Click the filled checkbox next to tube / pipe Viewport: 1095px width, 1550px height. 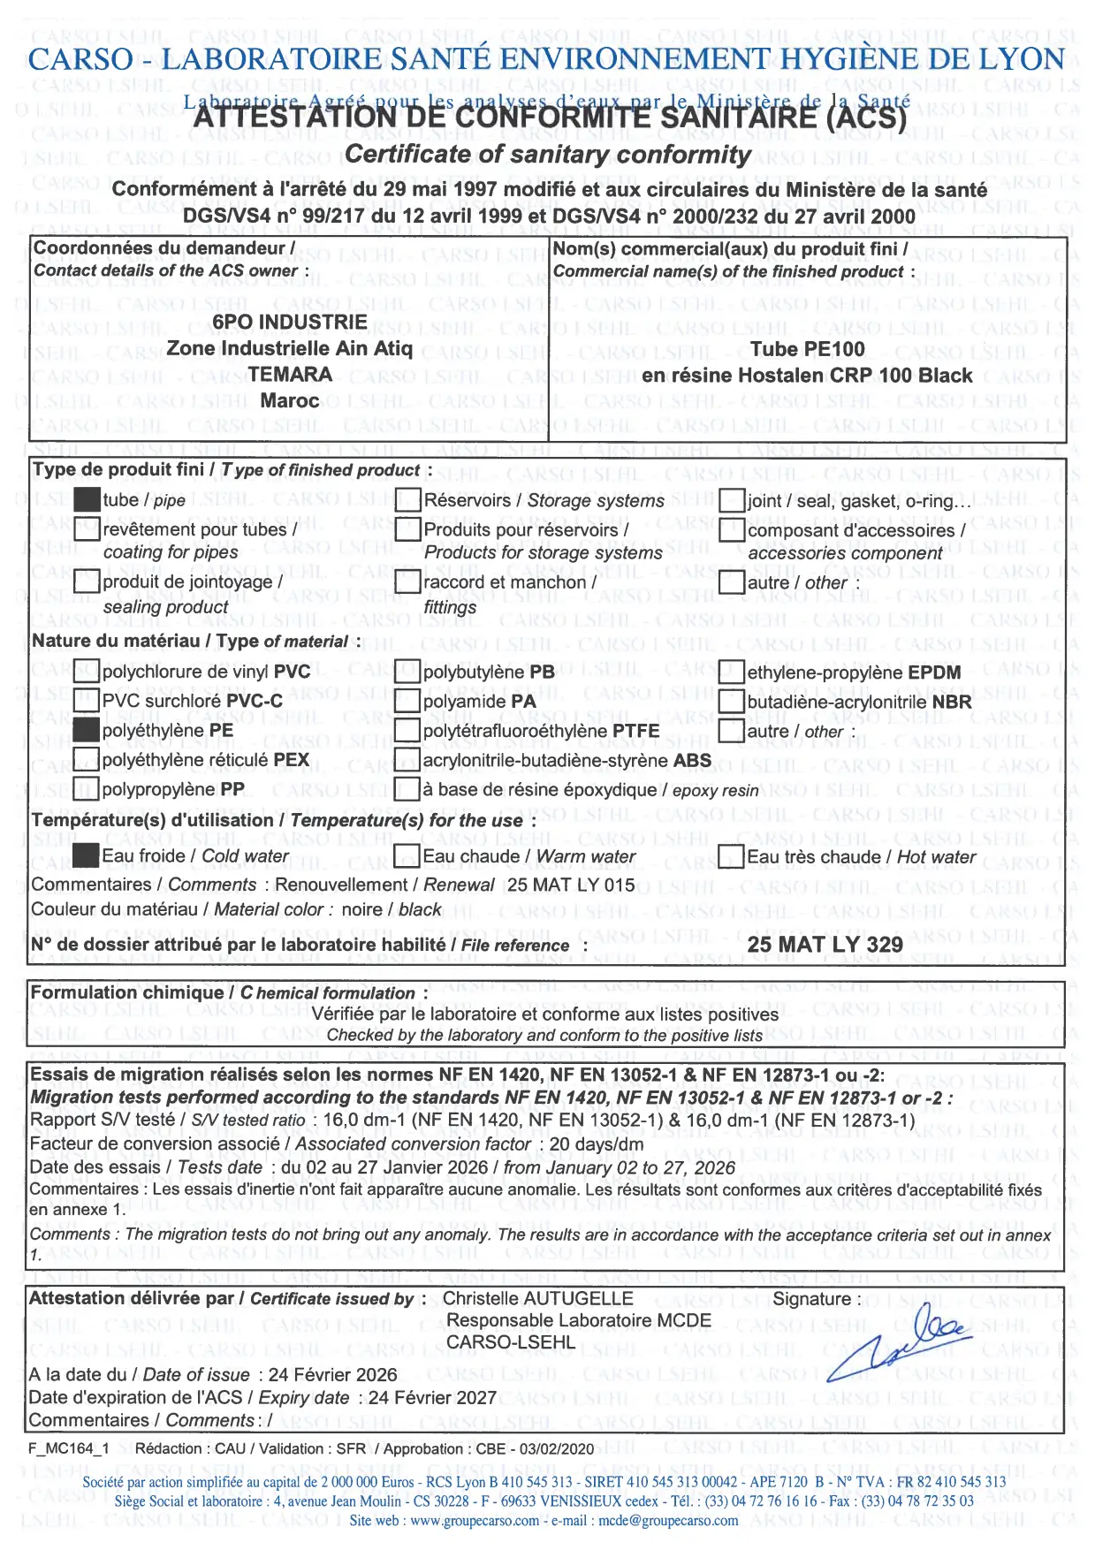(87, 499)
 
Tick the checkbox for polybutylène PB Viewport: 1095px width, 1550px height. (407, 672)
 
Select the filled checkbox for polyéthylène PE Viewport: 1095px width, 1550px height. (87, 730)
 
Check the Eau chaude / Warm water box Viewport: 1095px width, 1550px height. (407, 855)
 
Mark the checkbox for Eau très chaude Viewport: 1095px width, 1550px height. (731, 855)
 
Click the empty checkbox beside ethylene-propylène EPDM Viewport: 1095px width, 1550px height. (731, 672)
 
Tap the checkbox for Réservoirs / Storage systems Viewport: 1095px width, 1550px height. (407, 500)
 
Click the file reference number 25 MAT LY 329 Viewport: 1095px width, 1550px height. (825, 945)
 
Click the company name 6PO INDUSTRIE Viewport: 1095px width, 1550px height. (289, 322)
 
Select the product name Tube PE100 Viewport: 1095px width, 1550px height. (807, 349)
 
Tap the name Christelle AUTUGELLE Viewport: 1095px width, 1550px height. (537, 1298)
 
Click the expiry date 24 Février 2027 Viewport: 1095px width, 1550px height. (432, 1397)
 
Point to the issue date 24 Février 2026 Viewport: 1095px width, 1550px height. (333, 1374)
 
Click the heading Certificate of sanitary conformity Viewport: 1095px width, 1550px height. (547, 155)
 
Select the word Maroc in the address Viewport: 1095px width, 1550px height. (289, 400)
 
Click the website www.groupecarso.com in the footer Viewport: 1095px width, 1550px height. (474, 1520)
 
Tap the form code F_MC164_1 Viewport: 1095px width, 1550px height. (69, 1448)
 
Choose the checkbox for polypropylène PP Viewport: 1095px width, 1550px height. (87, 788)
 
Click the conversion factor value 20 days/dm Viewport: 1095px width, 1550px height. (597, 1144)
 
